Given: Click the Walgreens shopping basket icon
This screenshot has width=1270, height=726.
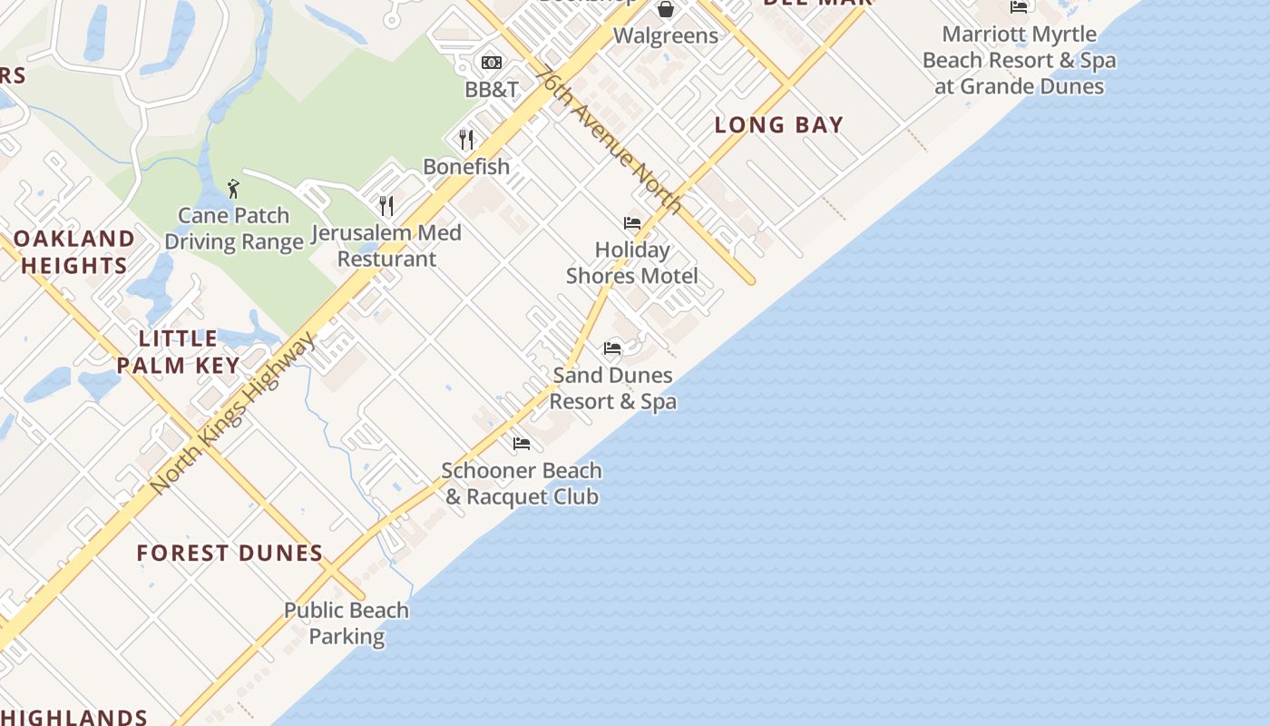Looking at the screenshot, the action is point(666,9).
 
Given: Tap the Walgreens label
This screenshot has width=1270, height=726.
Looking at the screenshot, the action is point(666,36).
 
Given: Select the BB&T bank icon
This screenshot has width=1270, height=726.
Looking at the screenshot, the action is point(492,62).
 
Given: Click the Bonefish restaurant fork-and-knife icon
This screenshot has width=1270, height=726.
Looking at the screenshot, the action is point(466,139).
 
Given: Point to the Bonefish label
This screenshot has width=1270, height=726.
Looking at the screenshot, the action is point(466,167).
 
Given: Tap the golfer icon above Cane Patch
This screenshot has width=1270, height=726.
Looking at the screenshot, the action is point(233,189).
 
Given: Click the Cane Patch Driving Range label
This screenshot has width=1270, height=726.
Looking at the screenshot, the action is point(234,229).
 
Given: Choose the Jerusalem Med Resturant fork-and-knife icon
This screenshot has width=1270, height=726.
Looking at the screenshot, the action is point(386,205).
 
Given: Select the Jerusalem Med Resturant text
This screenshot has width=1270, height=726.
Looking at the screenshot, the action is point(386,246).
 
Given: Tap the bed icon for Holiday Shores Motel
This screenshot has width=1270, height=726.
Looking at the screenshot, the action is point(632,223).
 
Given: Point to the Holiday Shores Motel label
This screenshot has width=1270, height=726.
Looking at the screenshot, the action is point(632,262).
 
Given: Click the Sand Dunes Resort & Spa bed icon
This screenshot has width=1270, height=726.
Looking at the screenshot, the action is point(612,348).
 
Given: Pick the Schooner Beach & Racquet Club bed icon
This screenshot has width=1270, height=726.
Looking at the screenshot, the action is point(522,444).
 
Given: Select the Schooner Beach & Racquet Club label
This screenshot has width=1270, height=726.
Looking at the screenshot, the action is point(522,484).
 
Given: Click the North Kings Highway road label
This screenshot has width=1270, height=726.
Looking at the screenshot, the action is point(233,413).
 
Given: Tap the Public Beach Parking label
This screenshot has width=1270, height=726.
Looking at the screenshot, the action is point(347,623).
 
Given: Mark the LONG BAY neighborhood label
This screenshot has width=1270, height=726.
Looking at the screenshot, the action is point(778,125).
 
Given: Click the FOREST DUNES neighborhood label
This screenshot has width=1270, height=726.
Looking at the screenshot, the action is point(230,553).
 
